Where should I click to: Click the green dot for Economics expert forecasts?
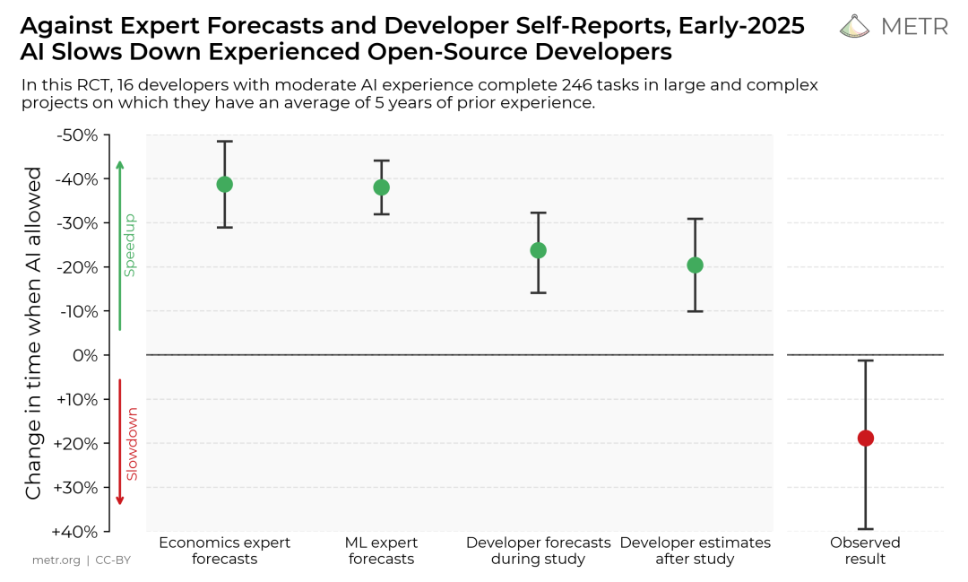224,185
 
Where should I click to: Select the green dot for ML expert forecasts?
381,187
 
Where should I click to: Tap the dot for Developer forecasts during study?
538,250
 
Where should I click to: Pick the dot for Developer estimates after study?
695,265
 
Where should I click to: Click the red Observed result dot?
865,438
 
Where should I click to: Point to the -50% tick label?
76,135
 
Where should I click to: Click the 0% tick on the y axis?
84,355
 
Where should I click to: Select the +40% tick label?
76,531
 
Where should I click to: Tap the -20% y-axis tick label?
76,267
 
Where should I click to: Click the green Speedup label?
129,245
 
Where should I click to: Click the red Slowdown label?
132,444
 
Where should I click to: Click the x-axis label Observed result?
865,551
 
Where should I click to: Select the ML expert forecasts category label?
381,551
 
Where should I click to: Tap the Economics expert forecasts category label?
224,551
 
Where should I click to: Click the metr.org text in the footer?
56,560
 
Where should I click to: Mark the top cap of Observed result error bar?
865,360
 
